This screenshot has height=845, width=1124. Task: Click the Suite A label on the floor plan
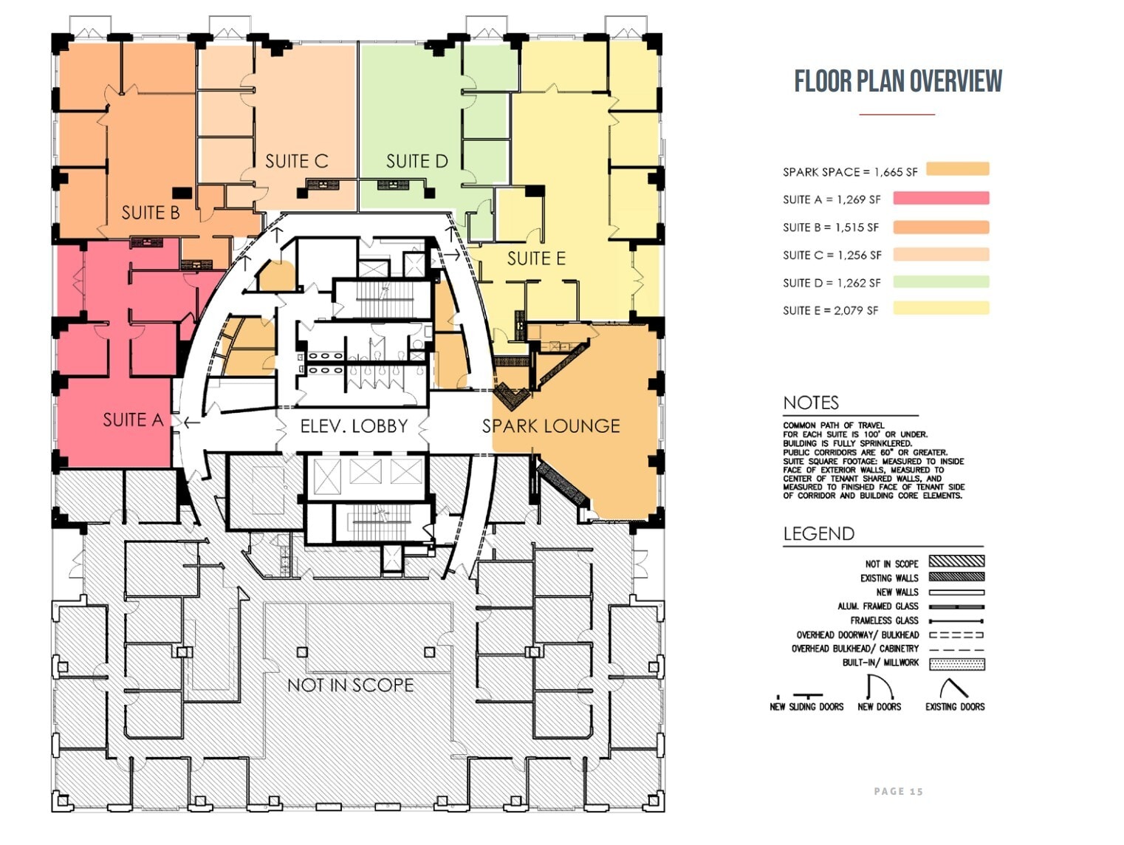pos(133,420)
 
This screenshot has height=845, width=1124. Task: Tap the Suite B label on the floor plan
pos(151,213)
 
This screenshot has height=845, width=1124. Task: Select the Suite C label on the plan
pos(296,161)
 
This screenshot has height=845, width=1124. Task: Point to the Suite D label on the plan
pos(417,161)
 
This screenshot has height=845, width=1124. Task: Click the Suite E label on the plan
pos(536,259)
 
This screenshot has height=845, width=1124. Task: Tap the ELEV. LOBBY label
pos(354,426)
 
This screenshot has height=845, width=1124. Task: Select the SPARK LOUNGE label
pos(551,426)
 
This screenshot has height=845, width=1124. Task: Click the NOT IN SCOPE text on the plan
pos(350,685)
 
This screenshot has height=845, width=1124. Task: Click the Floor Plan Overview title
pos(898,81)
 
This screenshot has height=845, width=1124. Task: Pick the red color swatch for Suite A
pos(941,198)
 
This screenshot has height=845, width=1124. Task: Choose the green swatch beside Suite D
pos(941,281)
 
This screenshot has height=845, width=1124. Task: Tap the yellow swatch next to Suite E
pos(941,309)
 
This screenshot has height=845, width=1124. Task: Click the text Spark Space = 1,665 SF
pos(850,172)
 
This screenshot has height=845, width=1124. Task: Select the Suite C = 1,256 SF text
pos(832,255)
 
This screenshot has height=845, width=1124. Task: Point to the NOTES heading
pos(811,403)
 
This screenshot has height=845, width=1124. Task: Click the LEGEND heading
pos(818,533)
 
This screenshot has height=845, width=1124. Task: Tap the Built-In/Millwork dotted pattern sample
pos(956,663)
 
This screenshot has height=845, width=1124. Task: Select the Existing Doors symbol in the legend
pos(953,688)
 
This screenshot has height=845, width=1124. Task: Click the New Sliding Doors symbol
pos(807,696)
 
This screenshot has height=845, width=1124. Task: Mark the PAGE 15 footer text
pos(898,791)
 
